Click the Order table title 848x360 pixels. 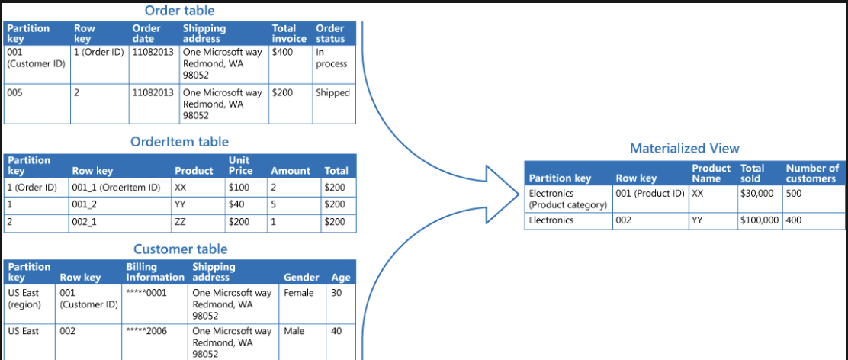click(x=179, y=10)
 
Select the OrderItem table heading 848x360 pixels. click(x=179, y=142)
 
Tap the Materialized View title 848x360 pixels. click(x=684, y=148)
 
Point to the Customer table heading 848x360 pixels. click(x=180, y=249)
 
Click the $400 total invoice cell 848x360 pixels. click(x=282, y=53)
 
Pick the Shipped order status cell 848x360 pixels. click(x=332, y=93)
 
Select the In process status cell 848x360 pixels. click(x=331, y=58)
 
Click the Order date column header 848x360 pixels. click(x=146, y=34)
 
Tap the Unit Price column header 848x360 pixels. click(x=241, y=166)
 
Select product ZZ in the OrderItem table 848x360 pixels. click(x=180, y=222)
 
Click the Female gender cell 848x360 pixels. click(x=298, y=293)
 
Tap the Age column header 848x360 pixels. click(x=341, y=278)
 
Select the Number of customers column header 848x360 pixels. click(x=812, y=173)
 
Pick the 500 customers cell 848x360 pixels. click(x=794, y=194)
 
